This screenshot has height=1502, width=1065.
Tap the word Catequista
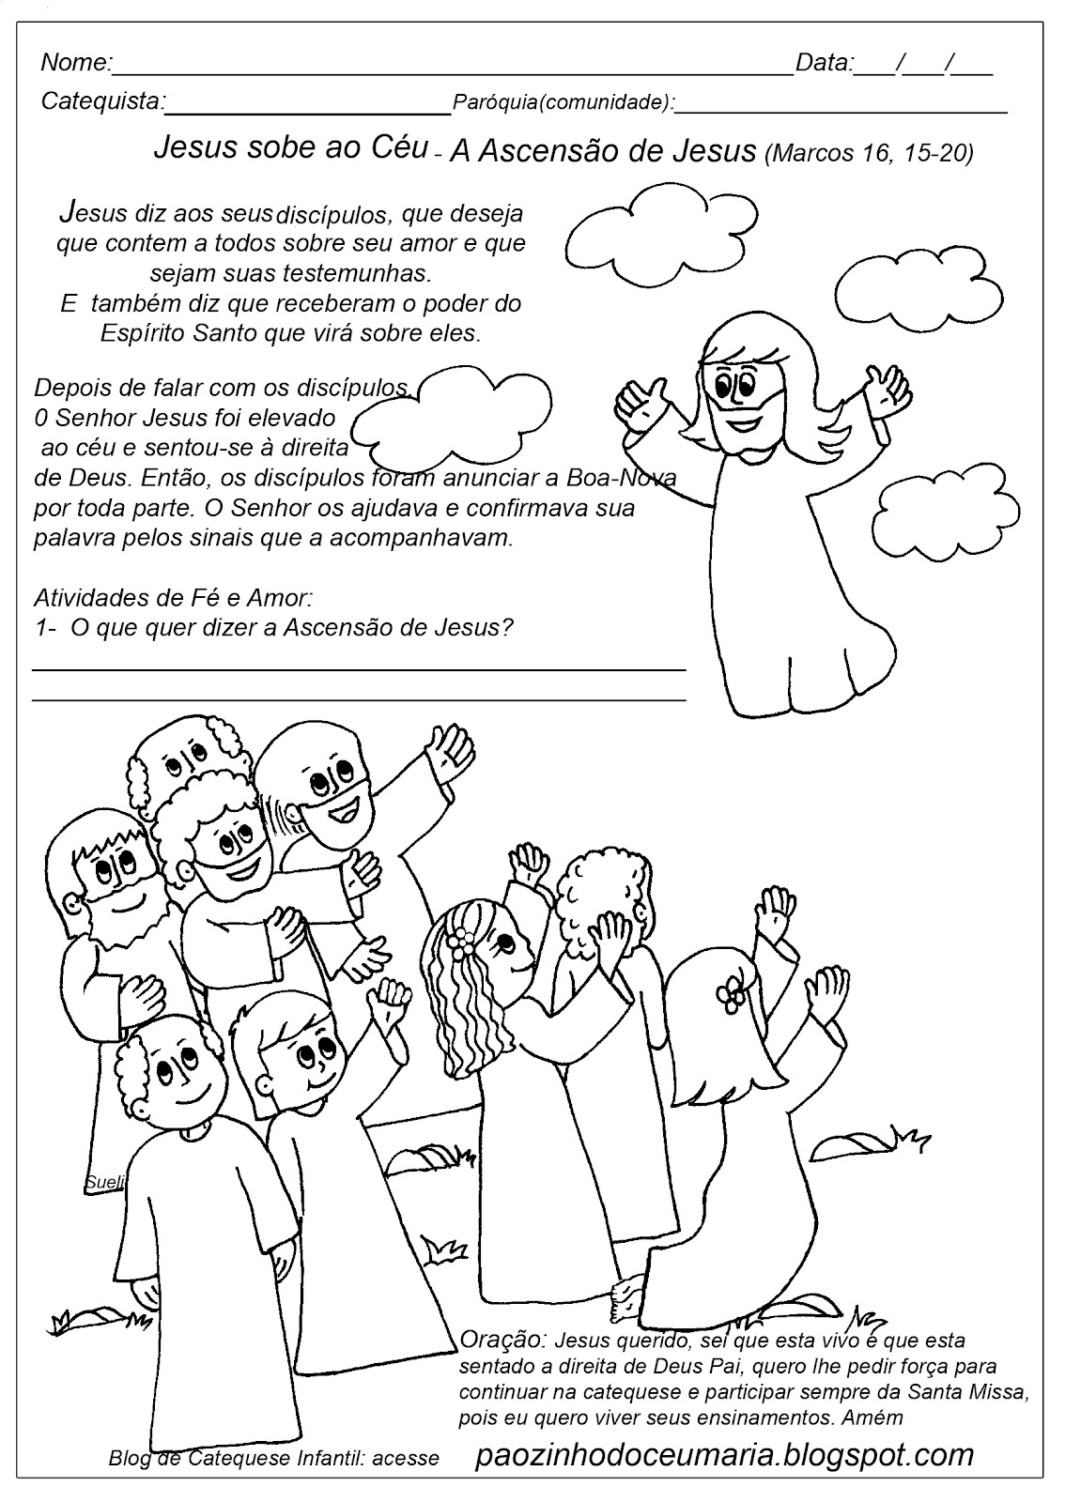101,100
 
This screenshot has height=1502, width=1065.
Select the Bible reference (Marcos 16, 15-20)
870,153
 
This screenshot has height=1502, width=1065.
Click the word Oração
502,1339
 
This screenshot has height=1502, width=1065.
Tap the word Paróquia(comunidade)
562,102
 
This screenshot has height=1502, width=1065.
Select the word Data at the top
823,63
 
